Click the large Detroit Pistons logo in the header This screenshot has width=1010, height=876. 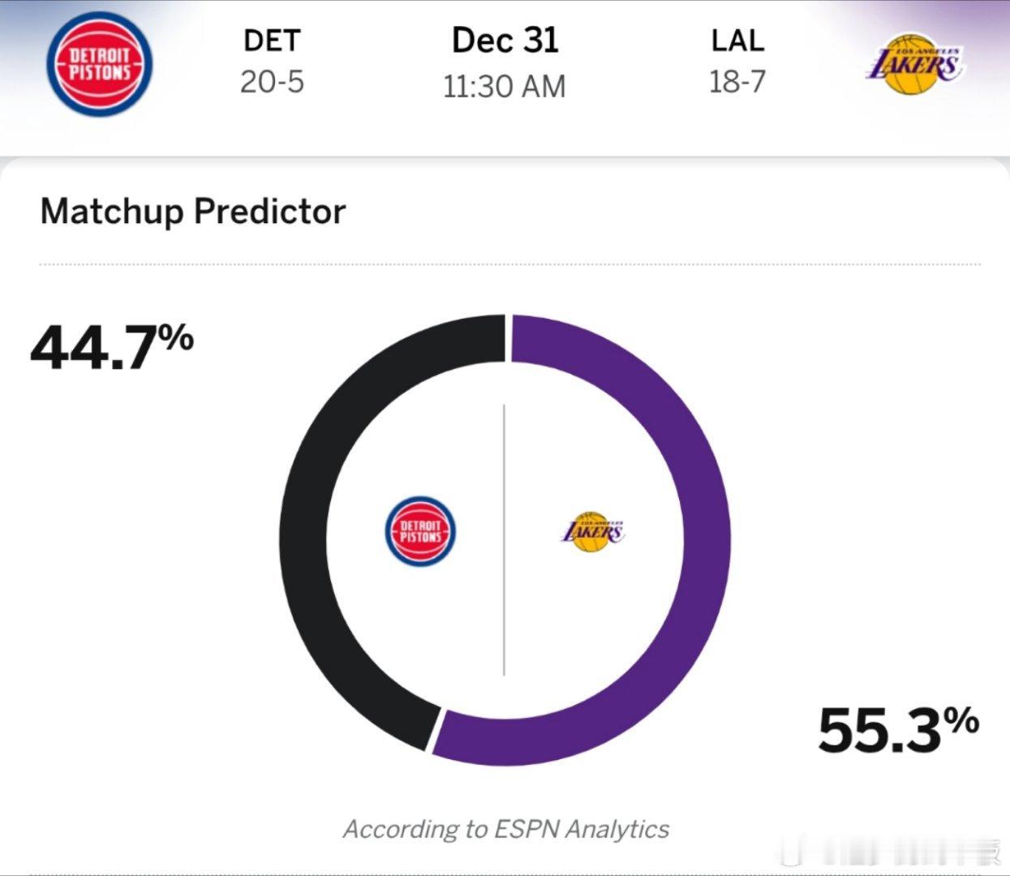click(x=99, y=63)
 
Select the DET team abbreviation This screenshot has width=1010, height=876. click(x=272, y=41)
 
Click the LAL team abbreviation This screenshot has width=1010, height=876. click(x=737, y=41)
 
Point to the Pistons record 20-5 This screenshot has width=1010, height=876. click(x=272, y=81)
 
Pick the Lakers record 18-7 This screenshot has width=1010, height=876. click(x=737, y=81)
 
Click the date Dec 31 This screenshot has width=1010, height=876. click(x=505, y=41)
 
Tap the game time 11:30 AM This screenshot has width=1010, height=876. click(x=504, y=86)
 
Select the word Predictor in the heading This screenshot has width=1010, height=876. click(x=269, y=212)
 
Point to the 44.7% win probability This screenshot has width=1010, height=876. click(x=111, y=346)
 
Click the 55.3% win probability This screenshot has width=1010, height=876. click(x=897, y=729)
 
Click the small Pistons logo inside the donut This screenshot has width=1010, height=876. click(x=419, y=531)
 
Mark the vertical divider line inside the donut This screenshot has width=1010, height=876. click(x=504, y=539)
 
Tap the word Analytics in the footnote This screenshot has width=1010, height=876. click(x=617, y=829)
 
